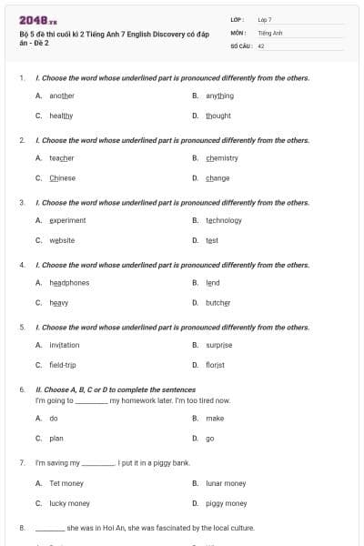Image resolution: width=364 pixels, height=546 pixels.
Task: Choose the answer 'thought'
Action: (x=218, y=116)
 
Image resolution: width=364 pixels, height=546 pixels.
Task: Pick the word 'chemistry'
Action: (x=222, y=157)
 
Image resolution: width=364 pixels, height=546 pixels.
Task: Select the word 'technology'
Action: (x=224, y=220)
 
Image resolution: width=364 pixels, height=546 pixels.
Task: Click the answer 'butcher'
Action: (x=218, y=302)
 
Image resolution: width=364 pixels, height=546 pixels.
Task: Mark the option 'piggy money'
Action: (x=226, y=503)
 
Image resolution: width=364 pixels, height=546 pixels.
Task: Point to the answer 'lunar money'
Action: (x=226, y=483)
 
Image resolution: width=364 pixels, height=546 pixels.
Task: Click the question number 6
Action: (x=22, y=389)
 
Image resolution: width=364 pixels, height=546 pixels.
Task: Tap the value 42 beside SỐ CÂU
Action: (x=261, y=44)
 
